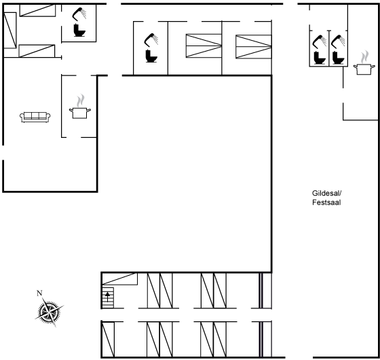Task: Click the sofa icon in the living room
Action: coord(35,117)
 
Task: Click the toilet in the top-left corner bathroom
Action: coord(79,30)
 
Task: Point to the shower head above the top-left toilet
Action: coord(79,14)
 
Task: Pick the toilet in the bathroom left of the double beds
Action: coord(151,56)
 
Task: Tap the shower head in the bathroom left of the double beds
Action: coord(151,39)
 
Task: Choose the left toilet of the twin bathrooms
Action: coord(320,58)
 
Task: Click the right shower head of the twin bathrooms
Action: coord(338,41)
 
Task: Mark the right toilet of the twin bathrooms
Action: coord(339,58)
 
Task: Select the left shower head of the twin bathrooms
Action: coord(320,41)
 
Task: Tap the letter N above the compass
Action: coord(39,293)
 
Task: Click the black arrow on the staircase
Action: coord(107,297)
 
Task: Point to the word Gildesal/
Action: coord(326,193)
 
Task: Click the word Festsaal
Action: coord(326,202)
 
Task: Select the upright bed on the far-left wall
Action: coord(10,31)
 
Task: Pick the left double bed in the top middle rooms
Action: coord(204,46)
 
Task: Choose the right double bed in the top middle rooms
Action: coord(254,47)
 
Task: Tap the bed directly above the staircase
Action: coord(119,278)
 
